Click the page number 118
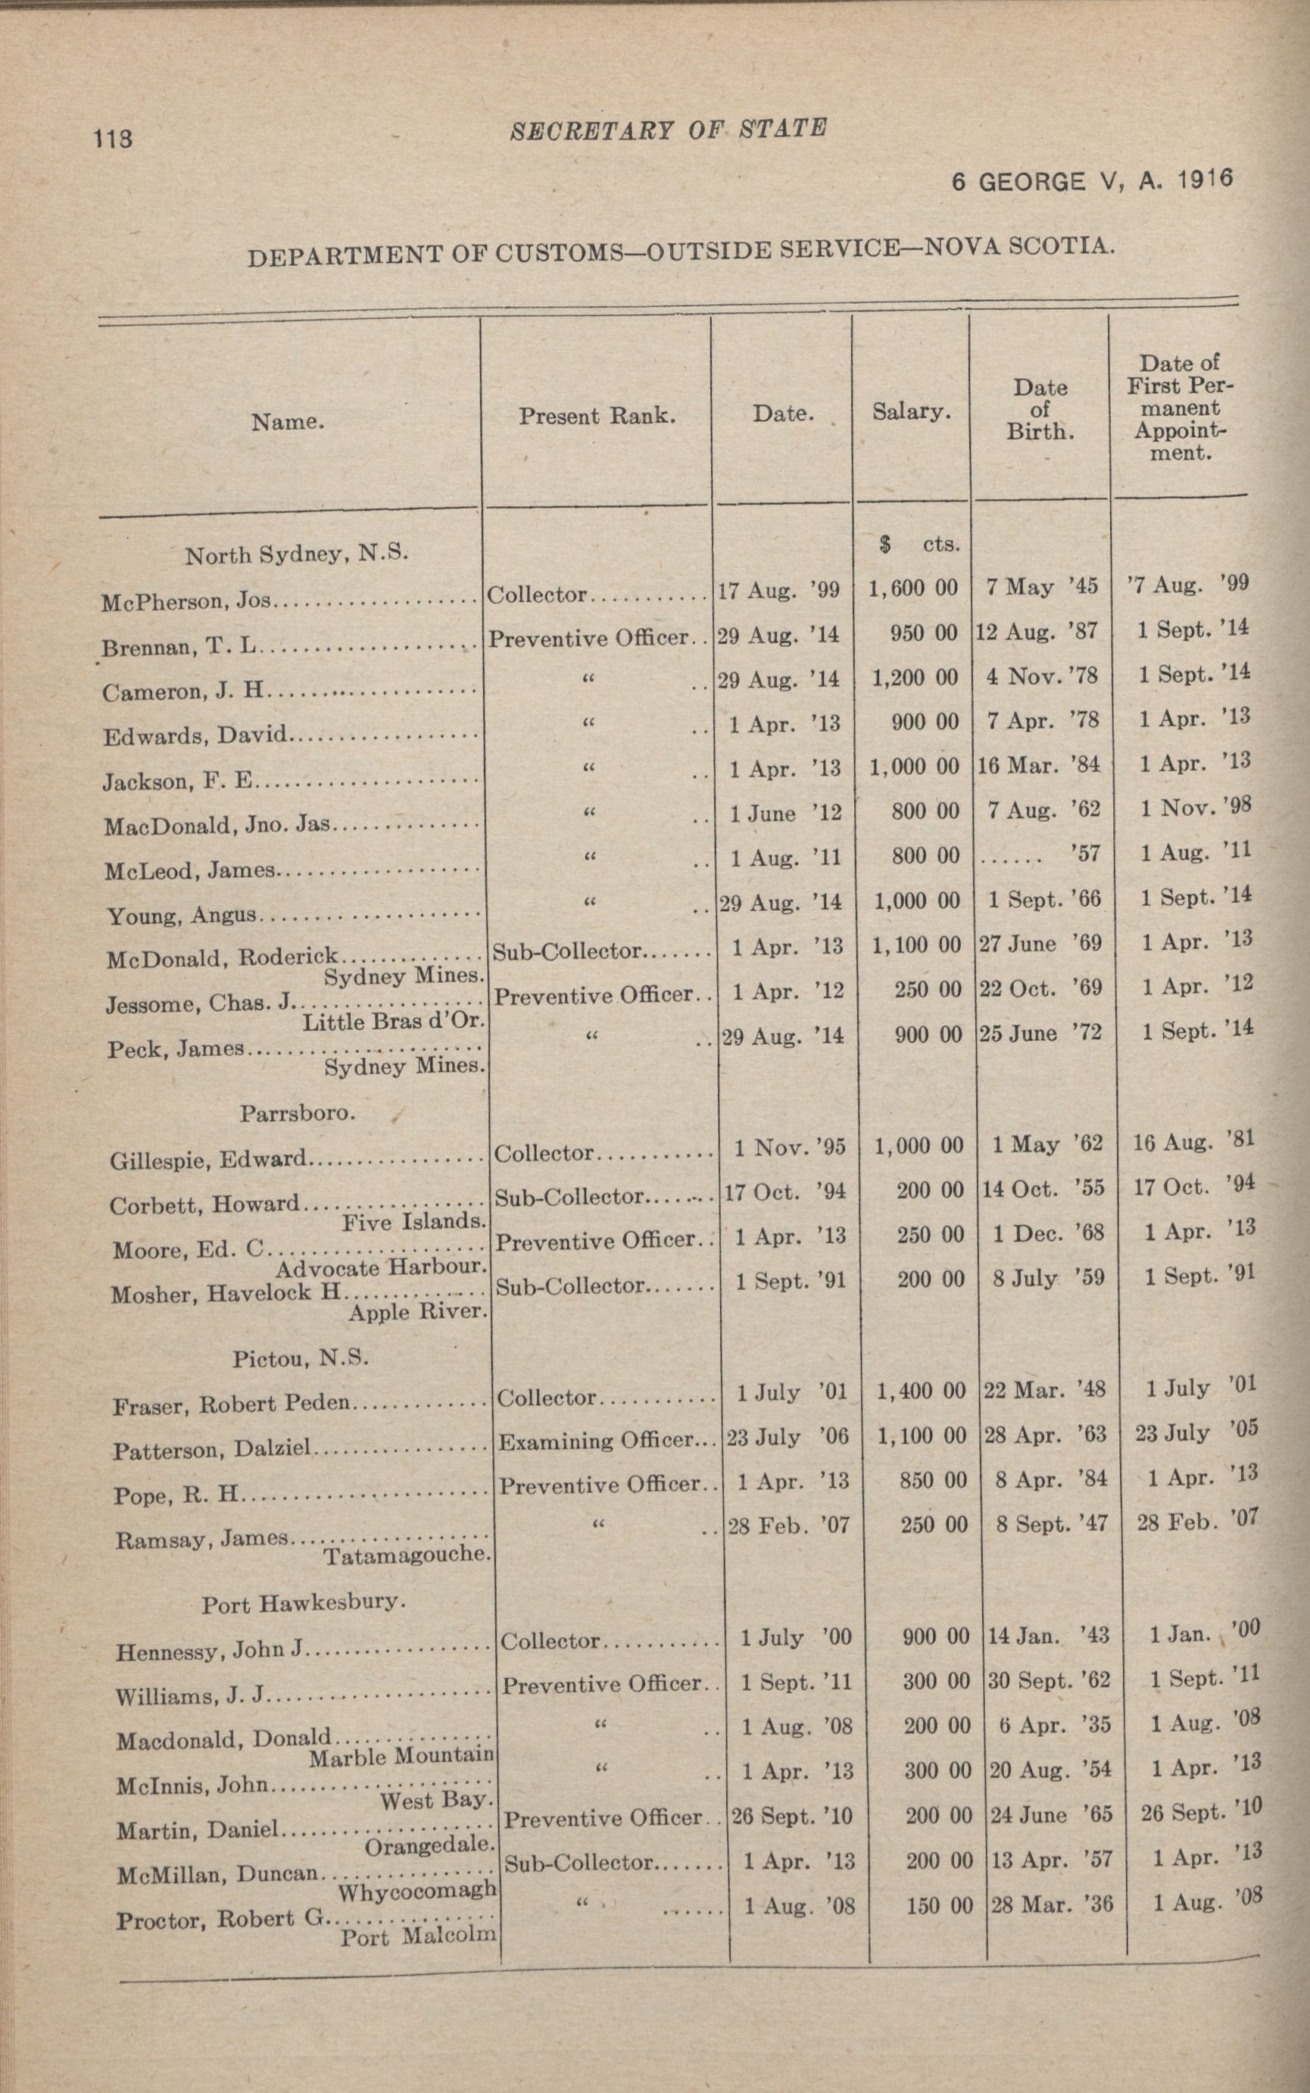click(114, 138)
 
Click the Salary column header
click(911, 411)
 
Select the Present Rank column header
click(596, 416)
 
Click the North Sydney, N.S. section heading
click(295, 554)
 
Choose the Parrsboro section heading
click(297, 1113)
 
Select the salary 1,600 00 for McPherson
click(913, 589)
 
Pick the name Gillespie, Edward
click(209, 1159)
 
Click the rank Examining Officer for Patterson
click(597, 1440)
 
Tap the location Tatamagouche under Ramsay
click(407, 1556)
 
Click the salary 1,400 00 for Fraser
click(920, 1392)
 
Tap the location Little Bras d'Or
click(392, 1021)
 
